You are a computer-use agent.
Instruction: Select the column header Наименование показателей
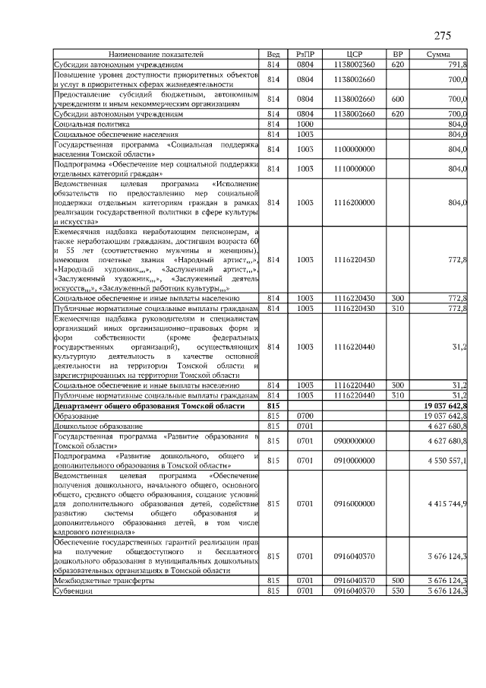[x=156, y=55]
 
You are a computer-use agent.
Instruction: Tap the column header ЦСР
[x=355, y=55]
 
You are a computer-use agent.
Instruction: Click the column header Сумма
[x=438, y=55]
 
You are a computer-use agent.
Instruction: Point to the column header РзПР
[x=305, y=55]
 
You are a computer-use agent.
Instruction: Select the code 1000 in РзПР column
[x=305, y=123]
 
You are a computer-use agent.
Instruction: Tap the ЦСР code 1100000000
[x=355, y=149]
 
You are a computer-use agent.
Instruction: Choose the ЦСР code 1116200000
[x=355, y=203]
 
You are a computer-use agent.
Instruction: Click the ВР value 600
[x=397, y=99]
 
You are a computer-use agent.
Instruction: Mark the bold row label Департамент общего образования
[x=149, y=407]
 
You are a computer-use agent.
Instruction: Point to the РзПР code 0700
[x=305, y=417]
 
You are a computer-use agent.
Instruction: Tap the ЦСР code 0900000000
[x=355, y=440]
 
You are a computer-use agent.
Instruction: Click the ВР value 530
[x=397, y=590]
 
